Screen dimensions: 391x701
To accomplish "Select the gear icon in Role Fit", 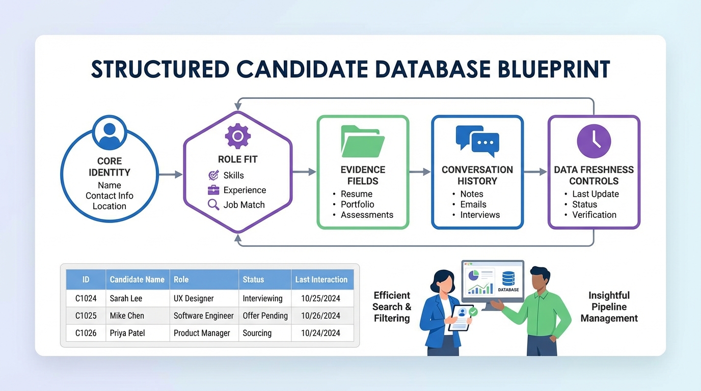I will tap(237, 135).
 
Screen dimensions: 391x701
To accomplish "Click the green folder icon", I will tap(363, 141).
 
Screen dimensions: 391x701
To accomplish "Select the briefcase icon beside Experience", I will tap(213, 190).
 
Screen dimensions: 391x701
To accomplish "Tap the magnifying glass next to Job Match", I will tap(213, 205).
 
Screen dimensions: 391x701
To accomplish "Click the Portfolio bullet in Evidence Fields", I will tap(357, 204).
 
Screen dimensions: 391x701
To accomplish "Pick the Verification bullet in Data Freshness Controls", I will tap(594, 215).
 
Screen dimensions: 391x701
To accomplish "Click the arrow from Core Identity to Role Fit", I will tap(171, 175).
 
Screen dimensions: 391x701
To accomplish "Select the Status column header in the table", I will tap(253, 280).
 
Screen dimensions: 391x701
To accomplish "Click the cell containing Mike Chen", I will tap(127, 316).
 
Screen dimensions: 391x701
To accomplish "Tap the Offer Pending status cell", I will tap(265, 316).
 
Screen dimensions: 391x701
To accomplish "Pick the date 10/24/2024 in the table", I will tap(320, 333).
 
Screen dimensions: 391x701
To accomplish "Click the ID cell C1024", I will tap(86, 298).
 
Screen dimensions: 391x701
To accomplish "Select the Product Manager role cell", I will tap(202, 333).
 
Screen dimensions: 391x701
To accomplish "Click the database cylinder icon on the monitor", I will tap(508, 278).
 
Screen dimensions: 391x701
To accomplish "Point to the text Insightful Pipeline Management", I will tap(609, 306).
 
